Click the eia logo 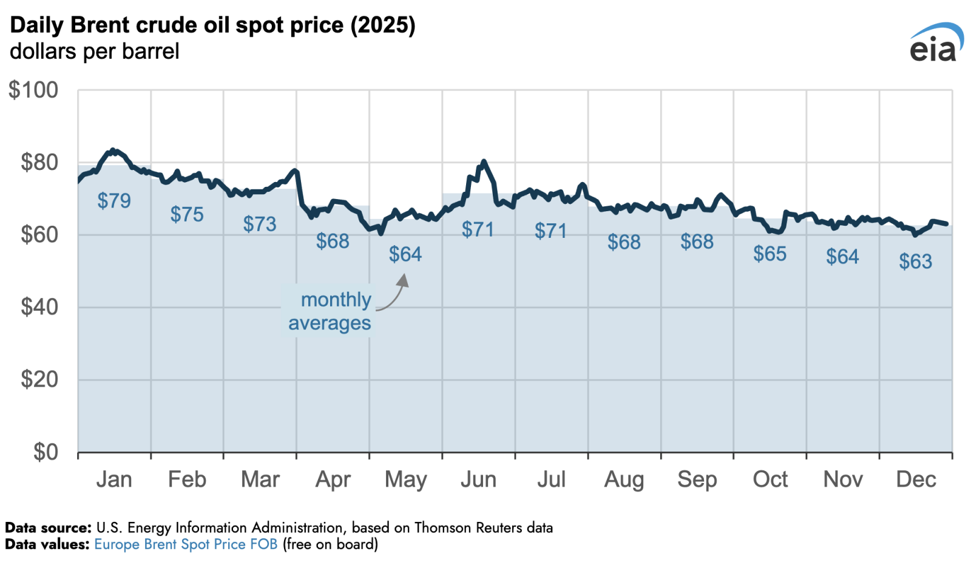click(936, 43)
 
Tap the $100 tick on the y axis click(33, 90)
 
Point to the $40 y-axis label click(39, 307)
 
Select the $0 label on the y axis click(46, 452)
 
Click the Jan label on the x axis click(114, 479)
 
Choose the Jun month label click(478, 479)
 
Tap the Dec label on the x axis click(916, 479)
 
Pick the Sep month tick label click(697, 479)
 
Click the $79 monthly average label click(114, 201)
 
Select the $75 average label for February click(187, 214)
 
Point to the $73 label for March click(260, 225)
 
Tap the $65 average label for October click(770, 254)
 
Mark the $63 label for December click(915, 262)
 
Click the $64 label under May click(405, 254)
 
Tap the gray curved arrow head click(403, 279)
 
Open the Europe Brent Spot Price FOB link click(186, 544)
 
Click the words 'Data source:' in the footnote click(48, 528)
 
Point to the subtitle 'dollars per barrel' click(95, 52)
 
